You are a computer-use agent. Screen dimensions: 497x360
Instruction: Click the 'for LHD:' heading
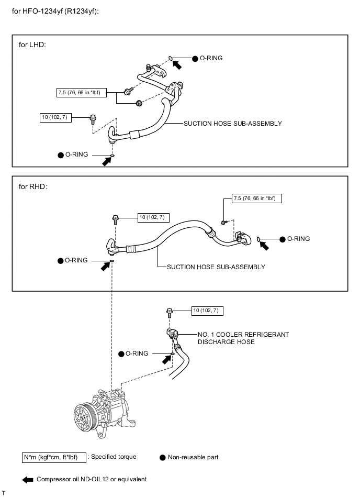coord(32,45)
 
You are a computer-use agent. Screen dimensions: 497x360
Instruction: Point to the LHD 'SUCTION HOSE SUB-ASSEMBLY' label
coord(232,124)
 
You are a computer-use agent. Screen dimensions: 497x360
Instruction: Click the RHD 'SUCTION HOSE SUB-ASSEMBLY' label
coord(216,267)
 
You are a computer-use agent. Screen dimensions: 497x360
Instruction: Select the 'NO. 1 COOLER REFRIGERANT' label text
coord(243,334)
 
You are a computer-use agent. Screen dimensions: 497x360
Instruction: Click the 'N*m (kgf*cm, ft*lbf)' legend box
coord(53,457)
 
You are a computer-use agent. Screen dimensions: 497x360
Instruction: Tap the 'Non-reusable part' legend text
coord(193,457)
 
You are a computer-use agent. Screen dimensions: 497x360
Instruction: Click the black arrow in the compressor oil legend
coord(27,479)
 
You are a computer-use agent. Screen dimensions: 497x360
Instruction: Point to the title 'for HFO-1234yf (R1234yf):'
coord(62,11)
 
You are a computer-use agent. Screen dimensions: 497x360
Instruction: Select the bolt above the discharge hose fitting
coord(170,312)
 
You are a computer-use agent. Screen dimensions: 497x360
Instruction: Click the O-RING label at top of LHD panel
coord(211,58)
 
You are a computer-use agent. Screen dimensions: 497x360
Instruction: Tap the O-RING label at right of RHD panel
coord(298,239)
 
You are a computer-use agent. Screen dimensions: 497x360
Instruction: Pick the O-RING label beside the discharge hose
coord(137,354)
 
